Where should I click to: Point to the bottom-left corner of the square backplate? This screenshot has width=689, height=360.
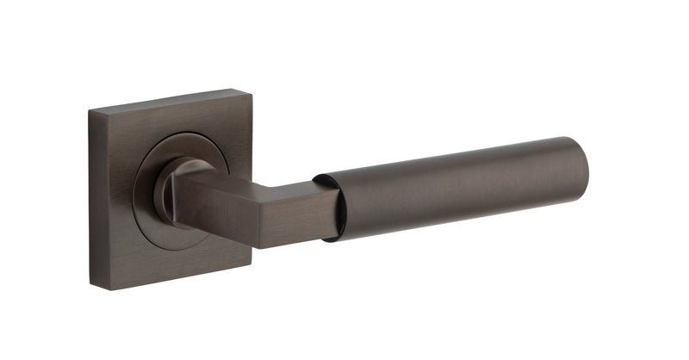coord(93,284)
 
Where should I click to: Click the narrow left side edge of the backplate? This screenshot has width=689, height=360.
coord(96,198)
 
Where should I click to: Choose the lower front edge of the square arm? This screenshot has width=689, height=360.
coord(276,244)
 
